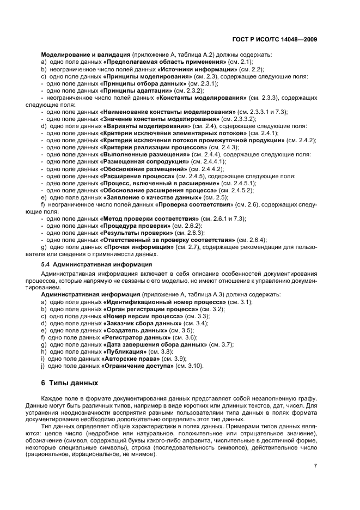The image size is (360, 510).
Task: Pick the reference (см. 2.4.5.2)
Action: click(236, 190)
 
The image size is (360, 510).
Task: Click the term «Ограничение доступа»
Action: click(137, 366)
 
